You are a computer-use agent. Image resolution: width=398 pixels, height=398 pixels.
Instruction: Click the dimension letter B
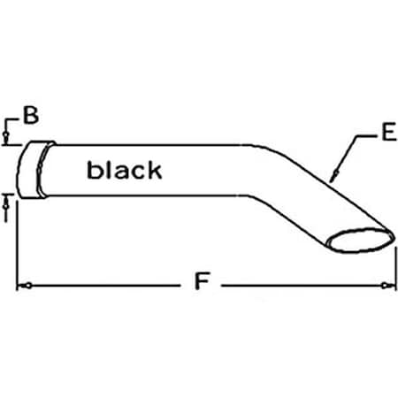point(31,115)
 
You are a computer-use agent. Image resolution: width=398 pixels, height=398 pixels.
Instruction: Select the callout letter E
point(387,135)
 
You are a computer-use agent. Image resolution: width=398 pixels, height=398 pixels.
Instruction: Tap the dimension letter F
point(201,285)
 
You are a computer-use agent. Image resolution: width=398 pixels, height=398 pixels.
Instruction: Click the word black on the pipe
point(124,171)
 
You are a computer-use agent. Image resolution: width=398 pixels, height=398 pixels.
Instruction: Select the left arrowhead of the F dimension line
point(27,286)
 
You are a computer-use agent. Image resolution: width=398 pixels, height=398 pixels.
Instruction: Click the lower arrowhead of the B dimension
point(8,199)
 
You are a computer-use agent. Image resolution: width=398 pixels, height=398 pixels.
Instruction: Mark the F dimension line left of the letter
point(106,286)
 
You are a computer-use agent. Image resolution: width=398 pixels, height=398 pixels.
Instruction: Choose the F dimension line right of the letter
point(301,286)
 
